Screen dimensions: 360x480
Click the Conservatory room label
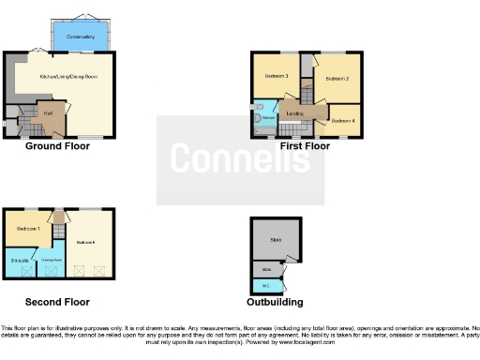point(82,37)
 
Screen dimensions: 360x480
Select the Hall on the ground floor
point(48,113)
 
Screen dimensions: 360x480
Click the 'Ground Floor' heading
point(58,146)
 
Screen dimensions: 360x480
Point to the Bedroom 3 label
point(275,76)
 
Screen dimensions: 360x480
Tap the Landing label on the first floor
point(294,114)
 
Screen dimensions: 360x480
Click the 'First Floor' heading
point(305,146)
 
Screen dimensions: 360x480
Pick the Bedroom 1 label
point(28,230)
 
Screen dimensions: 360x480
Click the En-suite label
point(19,261)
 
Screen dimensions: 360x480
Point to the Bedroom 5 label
point(86,242)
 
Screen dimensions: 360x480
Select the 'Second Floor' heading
point(58,302)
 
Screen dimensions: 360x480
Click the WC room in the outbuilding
point(266,284)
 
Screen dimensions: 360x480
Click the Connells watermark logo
point(240,159)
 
